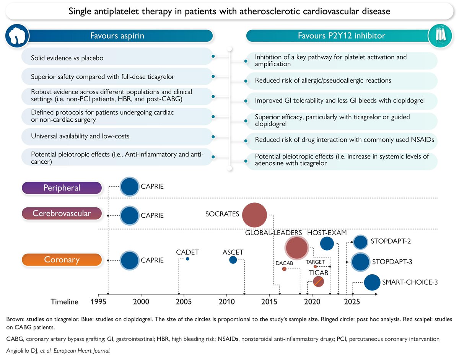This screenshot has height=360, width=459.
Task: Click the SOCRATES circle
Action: pyautogui.click(x=254, y=215)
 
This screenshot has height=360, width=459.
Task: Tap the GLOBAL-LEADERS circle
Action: pyautogui.click(x=297, y=248)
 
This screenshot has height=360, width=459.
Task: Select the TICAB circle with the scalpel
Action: pyautogui.click(x=318, y=282)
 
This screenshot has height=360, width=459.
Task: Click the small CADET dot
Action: pyautogui.click(x=187, y=259)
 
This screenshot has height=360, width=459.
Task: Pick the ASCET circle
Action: pyautogui.click(x=233, y=260)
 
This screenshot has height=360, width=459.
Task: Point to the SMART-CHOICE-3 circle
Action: pyautogui.click(x=372, y=282)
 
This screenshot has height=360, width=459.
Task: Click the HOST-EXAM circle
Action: pyautogui.click(x=327, y=243)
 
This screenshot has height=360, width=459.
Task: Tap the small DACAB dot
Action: pyautogui.click(x=284, y=269)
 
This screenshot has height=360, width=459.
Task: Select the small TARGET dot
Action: pyautogui.click(x=315, y=267)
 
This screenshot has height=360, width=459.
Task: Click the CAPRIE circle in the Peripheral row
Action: pyautogui.click(x=129, y=187)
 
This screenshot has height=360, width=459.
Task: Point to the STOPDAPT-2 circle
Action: pyautogui.click(x=360, y=242)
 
